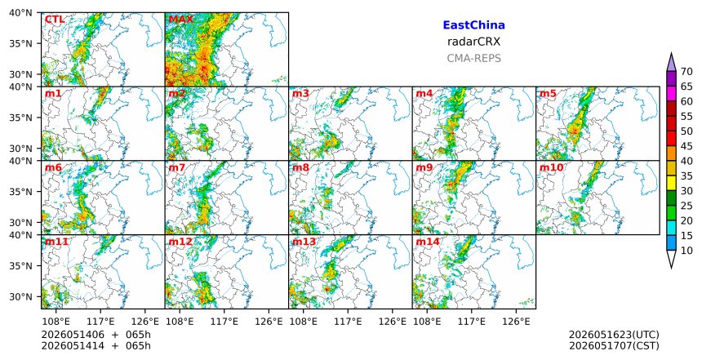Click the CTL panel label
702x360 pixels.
(x=55, y=20)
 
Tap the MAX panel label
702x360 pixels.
(x=181, y=20)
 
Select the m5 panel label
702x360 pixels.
(x=548, y=94)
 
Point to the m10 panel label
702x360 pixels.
(x=551, y=168)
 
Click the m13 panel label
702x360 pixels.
(x=304, y=242)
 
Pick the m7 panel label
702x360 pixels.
(x=177, y=168)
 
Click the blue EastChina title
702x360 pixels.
(x=473, y=25)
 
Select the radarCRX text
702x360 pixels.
(x=473, y=42)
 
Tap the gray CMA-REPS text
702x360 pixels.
(x=473, y=58)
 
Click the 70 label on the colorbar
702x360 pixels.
(x=686, y=72)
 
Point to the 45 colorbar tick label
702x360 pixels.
(x=686, y=146)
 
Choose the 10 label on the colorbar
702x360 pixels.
(x=686, y=251)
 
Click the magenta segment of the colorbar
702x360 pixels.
(x=671, y=94)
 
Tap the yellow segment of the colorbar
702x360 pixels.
(x=671, y=183)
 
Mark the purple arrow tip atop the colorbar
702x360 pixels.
(x=671, y=53)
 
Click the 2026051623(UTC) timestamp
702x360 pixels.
(x=614, y=335)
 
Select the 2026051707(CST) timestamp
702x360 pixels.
(x=614, y=345)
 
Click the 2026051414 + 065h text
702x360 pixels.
(x=96, y=345)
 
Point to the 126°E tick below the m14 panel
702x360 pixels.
(x=520, y=322)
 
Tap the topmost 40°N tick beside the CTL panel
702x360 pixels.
(x=20, y=13)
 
